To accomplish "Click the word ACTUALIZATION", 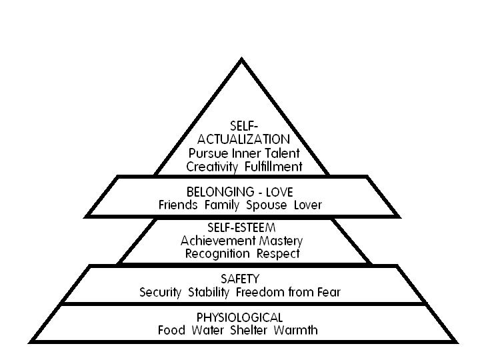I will click(243, 139).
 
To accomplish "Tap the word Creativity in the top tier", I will click(213, 166).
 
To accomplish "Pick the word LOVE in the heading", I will click(279, 192).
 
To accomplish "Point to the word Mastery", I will click(280, 241).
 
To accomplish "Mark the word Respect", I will click(279, 253).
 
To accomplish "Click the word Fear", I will click(329, 292).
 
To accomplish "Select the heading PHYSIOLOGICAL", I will click(241, 317).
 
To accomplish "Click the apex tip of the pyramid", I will click(241, 60).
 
